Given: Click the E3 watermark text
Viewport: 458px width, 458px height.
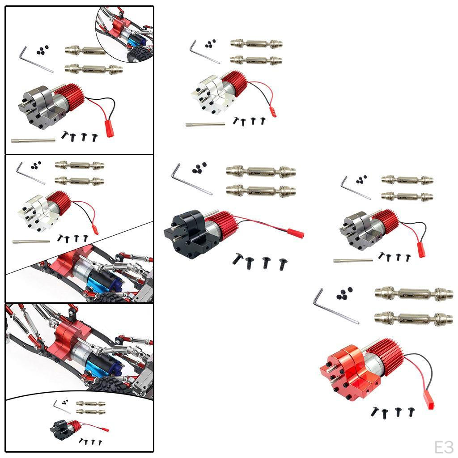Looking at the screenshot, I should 444,446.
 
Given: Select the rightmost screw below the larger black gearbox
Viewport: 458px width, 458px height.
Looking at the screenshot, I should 283,264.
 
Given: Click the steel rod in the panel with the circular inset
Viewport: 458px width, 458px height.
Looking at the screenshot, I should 34,140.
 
